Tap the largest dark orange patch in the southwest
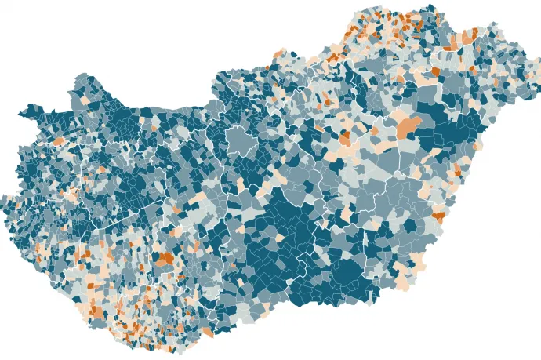click(x=166, y=258)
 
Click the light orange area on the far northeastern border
click(x=470, y=36)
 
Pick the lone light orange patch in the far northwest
click(x=57, y=140)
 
